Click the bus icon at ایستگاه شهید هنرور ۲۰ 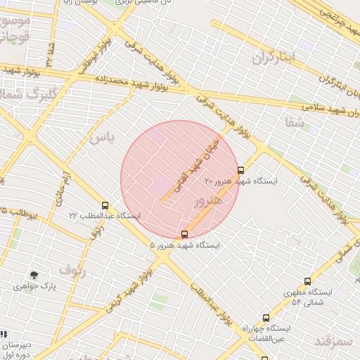point(241,170)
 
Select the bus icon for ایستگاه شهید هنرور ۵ point(184,234)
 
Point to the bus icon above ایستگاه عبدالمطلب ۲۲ point(105,205)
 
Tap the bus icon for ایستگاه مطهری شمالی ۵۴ point(307,281)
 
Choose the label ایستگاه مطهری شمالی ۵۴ point(307,296)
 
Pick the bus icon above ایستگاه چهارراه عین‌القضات point(265,318)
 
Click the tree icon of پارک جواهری point(34,275)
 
